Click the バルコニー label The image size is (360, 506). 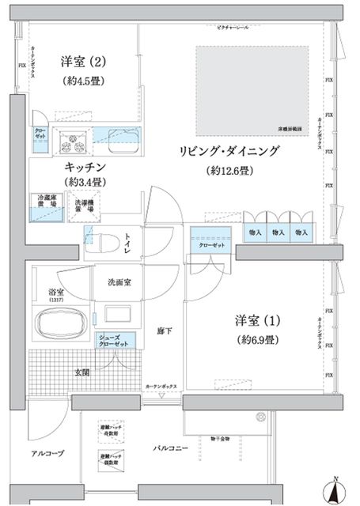[171, 448]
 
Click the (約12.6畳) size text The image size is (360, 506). [229, 171]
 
